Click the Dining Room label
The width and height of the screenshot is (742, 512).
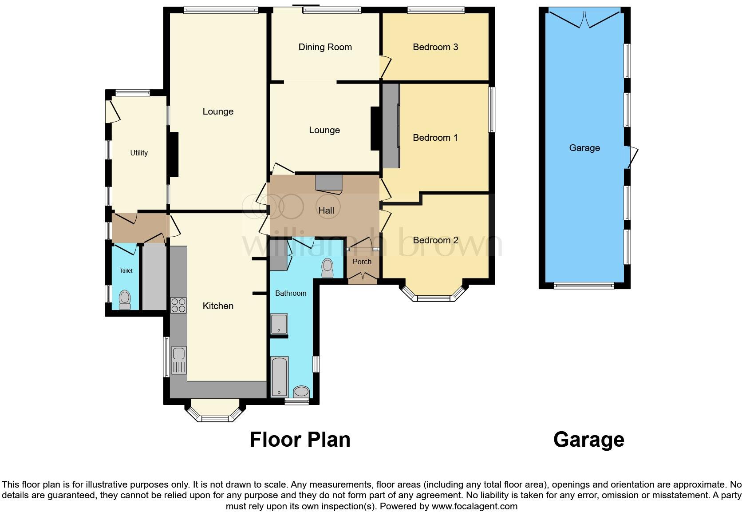coord(325,47)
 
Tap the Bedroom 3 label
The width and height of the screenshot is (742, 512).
coord(435,47)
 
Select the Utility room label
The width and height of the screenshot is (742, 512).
coord(138,153)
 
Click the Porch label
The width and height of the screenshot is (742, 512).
coord(362,262)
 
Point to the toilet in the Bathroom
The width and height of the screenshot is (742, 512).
coord(328,268)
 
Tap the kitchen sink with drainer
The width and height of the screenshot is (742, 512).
coord(178,360)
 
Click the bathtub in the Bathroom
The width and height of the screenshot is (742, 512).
coord(280,376)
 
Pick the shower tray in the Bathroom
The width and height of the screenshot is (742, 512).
coord(279,324)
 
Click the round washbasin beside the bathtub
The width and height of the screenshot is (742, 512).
coord(302,392)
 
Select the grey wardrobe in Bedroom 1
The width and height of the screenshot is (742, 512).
coord(391,126)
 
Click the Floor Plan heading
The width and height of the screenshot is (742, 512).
coord(300,440)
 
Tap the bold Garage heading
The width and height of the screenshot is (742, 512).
coord(588,440)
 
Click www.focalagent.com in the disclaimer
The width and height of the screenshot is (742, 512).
coord(474,506)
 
